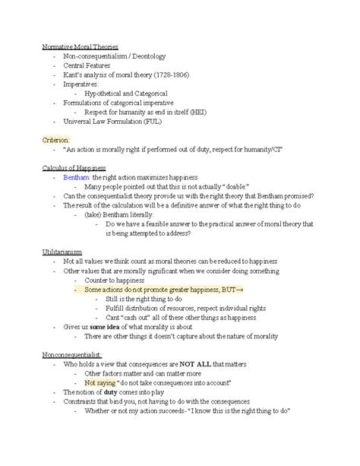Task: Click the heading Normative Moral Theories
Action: tap(81, 47)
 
